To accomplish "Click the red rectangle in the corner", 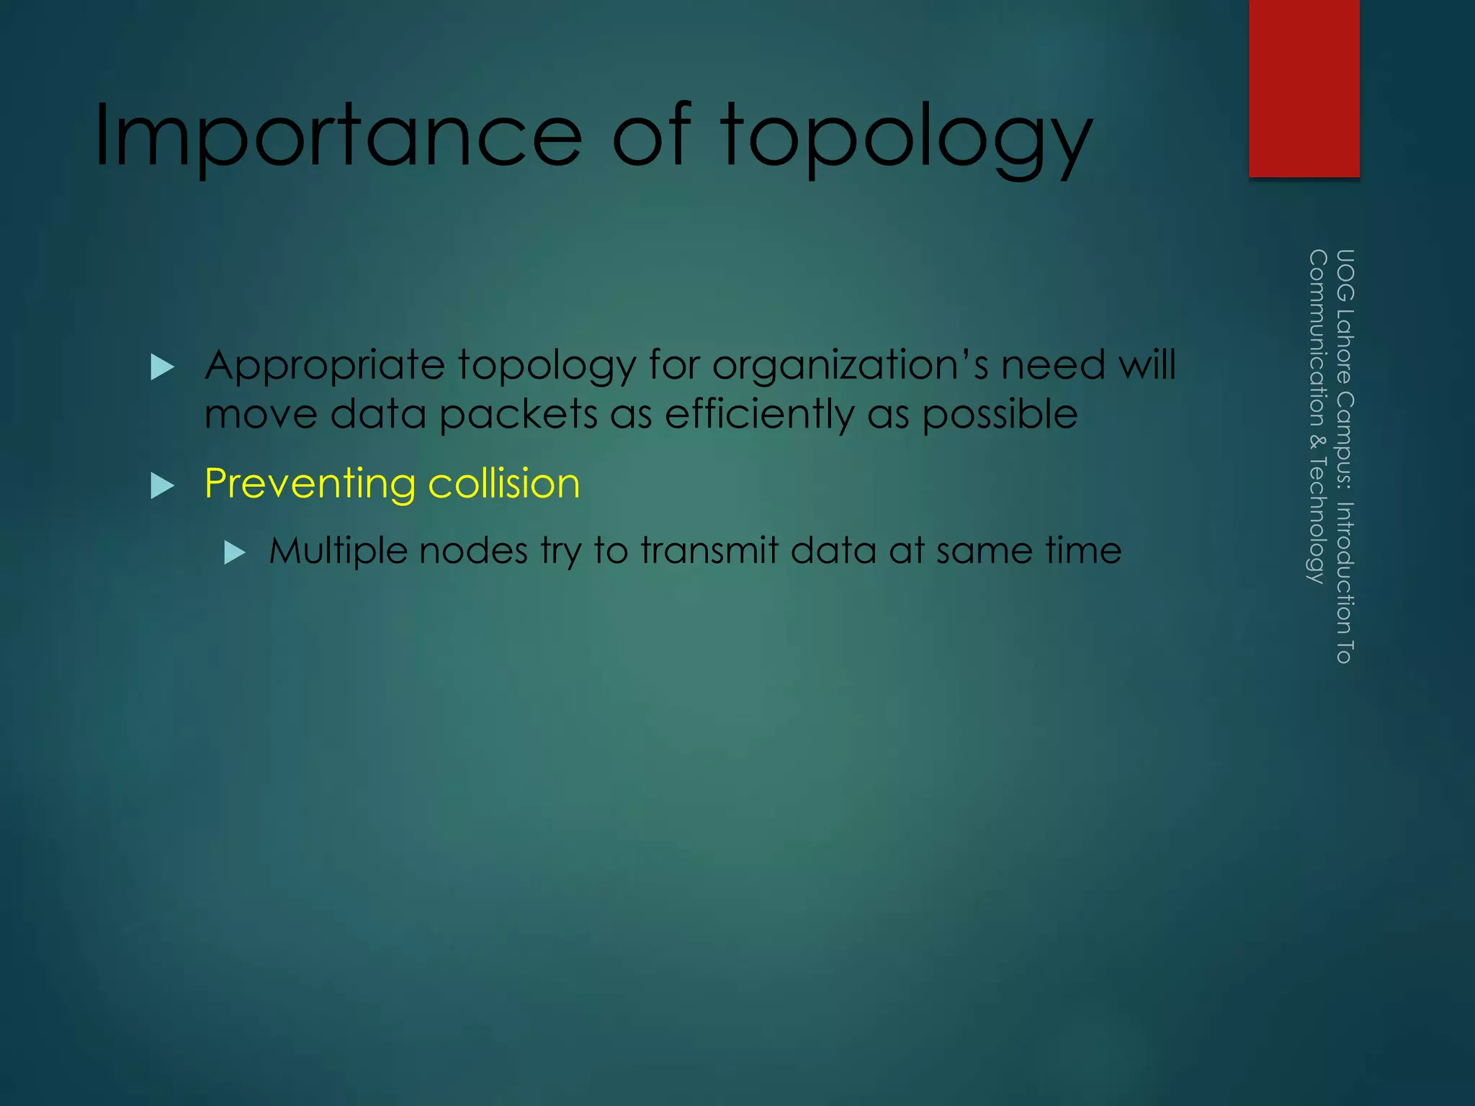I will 1304,88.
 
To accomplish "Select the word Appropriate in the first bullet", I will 325,366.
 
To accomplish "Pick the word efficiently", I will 760,415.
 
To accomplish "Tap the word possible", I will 1000,415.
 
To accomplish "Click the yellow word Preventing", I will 310,484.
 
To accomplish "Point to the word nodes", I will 473,551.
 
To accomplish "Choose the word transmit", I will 709,551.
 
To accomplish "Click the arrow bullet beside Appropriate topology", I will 163,367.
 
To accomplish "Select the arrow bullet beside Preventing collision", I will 163,486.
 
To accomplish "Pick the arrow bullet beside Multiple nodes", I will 235,553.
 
